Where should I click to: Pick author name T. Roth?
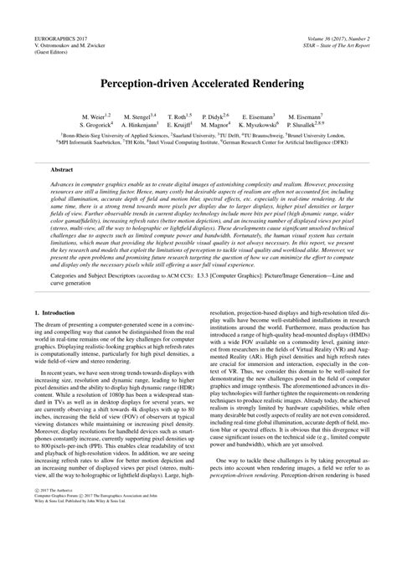pyautogui.click(x=178, y=116)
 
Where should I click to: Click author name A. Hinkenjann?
pyautogui.click(x=147, y=125)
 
